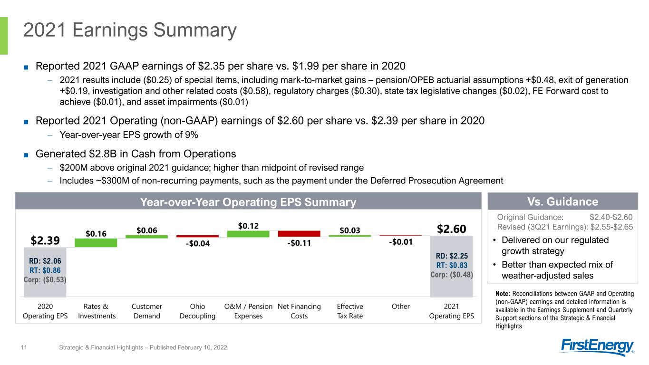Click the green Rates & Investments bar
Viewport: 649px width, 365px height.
(96, 243)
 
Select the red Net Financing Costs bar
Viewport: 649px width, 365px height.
(299, 233)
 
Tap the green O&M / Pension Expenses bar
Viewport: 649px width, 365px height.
(248, 234)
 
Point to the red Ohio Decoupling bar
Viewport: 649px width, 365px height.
(198, 236)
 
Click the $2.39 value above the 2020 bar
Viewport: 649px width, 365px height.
(45, 240)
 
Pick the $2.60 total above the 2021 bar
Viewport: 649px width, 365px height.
(452, 229)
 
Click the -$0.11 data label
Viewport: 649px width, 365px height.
(299, 243)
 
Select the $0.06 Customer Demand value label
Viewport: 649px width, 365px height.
(147, 231)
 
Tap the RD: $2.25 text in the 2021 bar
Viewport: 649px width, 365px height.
(452, 256)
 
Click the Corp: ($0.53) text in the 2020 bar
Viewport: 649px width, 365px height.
(45, 279)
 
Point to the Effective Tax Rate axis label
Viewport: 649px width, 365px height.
(350, 311)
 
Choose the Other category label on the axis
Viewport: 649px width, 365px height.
(401, 307)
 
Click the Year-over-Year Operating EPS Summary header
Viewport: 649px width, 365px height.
(248, 202)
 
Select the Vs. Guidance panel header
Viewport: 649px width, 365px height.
(562, 202)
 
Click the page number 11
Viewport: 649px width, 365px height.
(24, 347)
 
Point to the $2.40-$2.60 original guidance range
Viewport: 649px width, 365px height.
(611, 217)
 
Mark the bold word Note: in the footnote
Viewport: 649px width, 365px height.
(503, 294)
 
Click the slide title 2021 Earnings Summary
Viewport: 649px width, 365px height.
(130, 30)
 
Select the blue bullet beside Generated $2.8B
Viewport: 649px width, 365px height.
(26, 155)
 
